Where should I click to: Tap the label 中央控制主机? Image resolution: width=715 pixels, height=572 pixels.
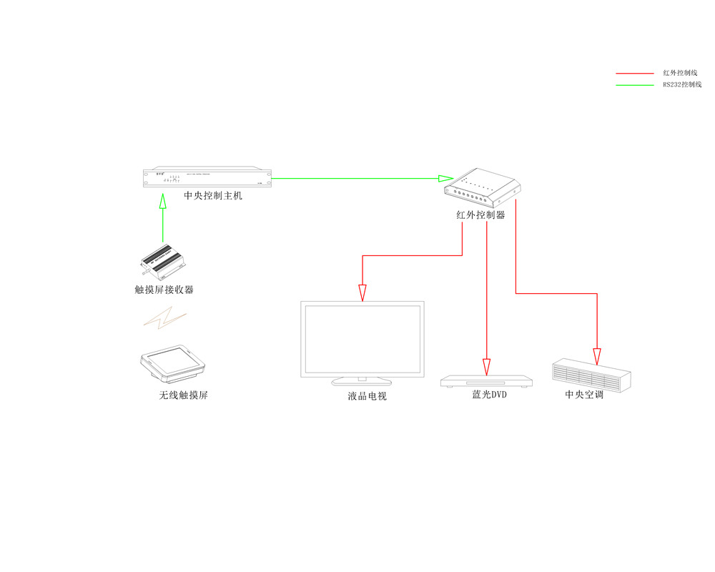[213, 195]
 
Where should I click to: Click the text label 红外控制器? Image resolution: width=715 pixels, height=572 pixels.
[480, 214]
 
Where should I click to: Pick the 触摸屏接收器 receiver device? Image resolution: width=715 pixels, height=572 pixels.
[162, 262]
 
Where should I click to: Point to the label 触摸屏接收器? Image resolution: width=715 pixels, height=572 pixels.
[164, 290]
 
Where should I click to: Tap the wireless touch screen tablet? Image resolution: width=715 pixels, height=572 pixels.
[174, 365]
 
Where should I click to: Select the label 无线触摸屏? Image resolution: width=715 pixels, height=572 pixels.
[184, 395]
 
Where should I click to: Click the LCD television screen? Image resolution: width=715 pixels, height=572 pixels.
[362, 340]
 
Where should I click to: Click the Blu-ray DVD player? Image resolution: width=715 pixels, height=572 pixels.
[487, 381]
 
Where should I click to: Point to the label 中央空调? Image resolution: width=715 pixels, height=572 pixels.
[584, 394]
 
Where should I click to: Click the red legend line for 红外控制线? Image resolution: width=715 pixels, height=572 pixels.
[634, 73]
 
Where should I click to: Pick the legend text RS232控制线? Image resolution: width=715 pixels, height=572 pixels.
[682, 84]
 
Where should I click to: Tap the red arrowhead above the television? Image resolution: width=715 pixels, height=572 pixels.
[363, 292]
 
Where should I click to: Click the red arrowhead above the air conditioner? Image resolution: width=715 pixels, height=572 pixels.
[597, 356]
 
